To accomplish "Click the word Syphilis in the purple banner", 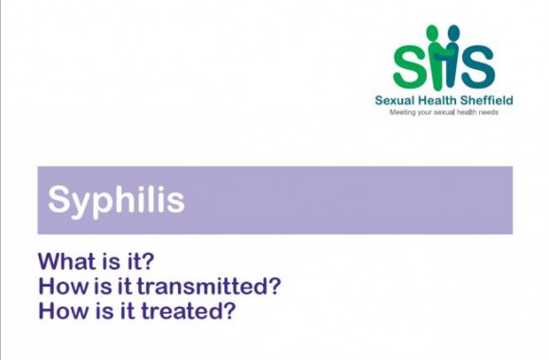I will [x=116, y=201].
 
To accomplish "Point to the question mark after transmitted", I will [x=275, y=285].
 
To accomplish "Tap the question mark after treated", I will [x=228, y=310].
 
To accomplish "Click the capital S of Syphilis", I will [x=59, y=200].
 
